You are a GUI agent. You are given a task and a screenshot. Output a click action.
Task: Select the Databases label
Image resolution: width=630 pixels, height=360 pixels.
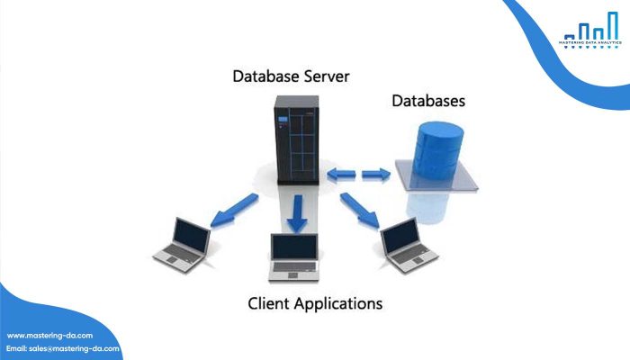pyautogui.click(x=427, y=101)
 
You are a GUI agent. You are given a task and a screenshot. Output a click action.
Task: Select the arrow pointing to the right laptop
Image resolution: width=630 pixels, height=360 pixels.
pyautogui.click(x=359, y=208)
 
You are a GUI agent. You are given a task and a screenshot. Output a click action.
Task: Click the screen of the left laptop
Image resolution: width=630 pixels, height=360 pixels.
pyautogui.click(x=191, y=233)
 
